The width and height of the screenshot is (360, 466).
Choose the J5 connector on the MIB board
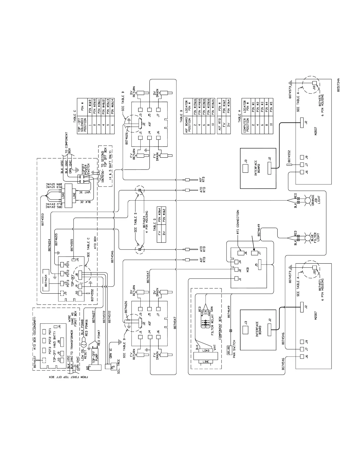[x=259, y=264]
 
